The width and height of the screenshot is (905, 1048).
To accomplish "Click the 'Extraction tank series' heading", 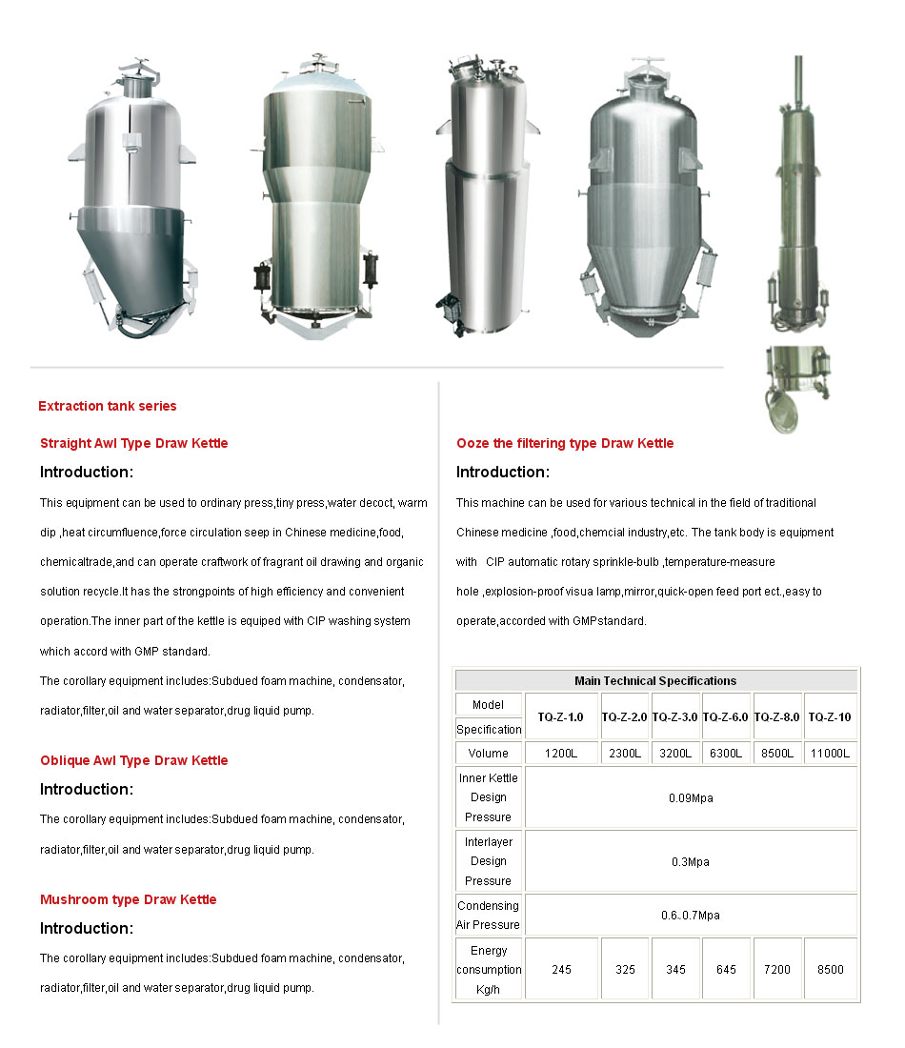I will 108,406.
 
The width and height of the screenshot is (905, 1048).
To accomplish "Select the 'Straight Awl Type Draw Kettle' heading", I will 134,443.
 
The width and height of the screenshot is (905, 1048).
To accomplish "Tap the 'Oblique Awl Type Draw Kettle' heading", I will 134,760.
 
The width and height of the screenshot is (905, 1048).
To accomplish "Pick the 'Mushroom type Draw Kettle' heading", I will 129,899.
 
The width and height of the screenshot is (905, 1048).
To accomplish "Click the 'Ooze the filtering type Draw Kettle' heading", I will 565,443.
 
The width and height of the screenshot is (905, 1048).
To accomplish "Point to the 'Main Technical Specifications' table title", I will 655,681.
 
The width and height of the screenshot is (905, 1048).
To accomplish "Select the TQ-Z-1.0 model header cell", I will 561,716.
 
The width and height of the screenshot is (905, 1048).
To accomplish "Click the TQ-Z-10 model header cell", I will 830,716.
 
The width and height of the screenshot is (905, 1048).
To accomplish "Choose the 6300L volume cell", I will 726,754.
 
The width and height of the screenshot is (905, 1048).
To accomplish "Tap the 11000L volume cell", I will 830,754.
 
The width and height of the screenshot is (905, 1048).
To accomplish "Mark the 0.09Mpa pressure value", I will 691,797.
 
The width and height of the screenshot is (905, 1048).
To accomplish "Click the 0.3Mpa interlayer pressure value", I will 691,861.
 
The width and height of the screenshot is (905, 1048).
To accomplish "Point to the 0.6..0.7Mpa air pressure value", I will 691,916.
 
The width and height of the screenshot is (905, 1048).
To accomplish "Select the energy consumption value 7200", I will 777,970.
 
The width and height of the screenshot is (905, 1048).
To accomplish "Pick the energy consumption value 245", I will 561,970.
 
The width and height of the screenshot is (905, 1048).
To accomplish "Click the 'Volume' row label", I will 489,754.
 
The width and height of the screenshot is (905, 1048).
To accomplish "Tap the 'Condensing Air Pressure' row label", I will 489,916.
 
